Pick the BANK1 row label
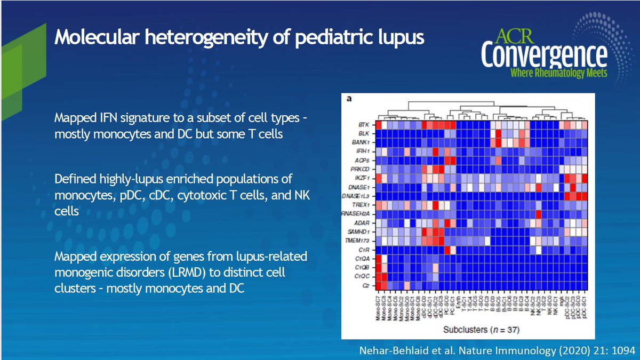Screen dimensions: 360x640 click(x=364, y=143)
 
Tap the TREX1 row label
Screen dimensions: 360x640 click(x=364, y=204)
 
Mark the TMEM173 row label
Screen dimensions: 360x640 click(x=362, y=241)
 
